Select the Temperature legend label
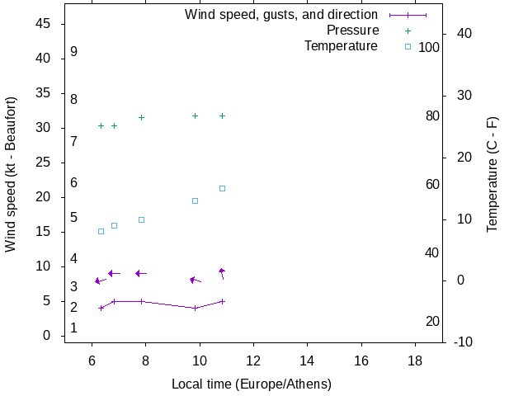[x=341, y=45]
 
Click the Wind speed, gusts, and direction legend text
[x=281, y=15]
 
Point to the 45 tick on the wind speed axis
[x=45, y=24]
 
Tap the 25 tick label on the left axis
[x=45, y=163]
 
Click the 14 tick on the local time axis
[x=308, y=361]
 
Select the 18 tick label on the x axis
[x=415, y=361]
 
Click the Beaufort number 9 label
[x=73, y=52]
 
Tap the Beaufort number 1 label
[x=73, y=328]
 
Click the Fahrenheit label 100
[x=429, y=48]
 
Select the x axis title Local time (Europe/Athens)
[x=252, y=384]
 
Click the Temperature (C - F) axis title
[x=493, y=174]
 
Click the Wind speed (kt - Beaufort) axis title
[x=11, y=174]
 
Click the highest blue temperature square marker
[x=222, y=188]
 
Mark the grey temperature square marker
[x=101, y=231]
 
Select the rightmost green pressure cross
[x=222, y=115]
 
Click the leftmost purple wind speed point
[x=101, y=308]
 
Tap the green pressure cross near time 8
[x=141, y=117]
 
